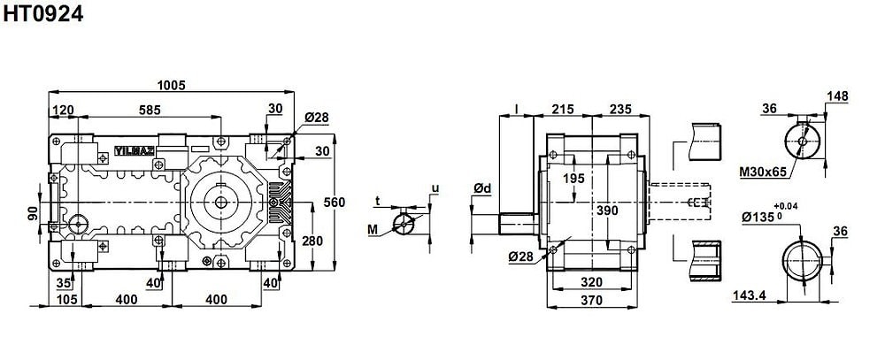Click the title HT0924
(x=42, y=13)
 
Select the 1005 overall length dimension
(x=171, y=85)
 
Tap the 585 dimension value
(x=150, y=110)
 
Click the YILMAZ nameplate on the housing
(x=134, y=150)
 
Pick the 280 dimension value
(x=312, y=241)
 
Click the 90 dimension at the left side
(x=33, y=212)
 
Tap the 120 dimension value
(x=63, y=110)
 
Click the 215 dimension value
(x=563, y=110)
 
